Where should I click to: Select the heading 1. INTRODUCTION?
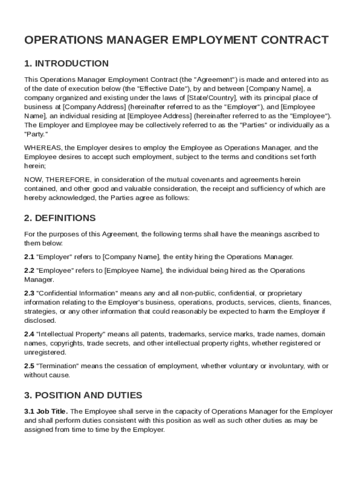click(66, 64)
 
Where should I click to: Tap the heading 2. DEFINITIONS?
click(60, 218)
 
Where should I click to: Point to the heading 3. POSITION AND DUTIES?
click(83, 395)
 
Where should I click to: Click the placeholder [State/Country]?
click(212, 98)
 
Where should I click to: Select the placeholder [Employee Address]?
click(159, 116)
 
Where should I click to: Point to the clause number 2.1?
click(29, 257)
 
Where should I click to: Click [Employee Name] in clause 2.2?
click(133, 270)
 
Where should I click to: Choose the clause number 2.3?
click(29, 293)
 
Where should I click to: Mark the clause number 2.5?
click(29, 366)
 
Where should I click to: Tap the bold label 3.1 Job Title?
click(46, 412)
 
